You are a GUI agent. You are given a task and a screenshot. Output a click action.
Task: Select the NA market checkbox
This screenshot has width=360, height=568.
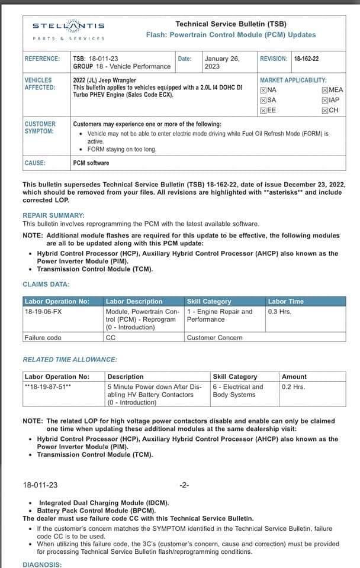pos(263,90)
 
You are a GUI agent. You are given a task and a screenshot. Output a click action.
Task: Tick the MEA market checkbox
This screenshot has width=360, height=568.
pos(325,90)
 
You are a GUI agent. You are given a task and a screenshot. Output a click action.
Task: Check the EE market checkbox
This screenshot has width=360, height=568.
pos(263,110)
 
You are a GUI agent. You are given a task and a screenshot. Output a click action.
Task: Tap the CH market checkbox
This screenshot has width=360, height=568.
pos(325,110)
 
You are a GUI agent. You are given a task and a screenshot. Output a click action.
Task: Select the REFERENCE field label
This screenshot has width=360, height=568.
pos(42,59)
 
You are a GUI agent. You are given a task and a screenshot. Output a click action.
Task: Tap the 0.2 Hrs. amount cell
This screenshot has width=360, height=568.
pos(293,387)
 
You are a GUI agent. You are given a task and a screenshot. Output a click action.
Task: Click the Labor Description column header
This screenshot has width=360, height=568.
pos(134,301)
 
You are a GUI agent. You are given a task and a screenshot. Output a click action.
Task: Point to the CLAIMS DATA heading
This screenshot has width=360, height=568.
pos(46,285)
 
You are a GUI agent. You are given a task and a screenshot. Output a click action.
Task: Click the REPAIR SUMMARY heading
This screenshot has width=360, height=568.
pos(53,215)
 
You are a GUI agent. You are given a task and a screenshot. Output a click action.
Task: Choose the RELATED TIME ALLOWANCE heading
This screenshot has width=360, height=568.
pos(70,359)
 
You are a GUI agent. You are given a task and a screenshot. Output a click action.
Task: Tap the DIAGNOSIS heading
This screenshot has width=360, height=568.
pos(42,564)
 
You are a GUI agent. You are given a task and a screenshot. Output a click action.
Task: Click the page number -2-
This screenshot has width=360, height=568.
pos(184,485)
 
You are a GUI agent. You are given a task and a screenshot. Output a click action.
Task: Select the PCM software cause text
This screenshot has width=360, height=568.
pos(91,163)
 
